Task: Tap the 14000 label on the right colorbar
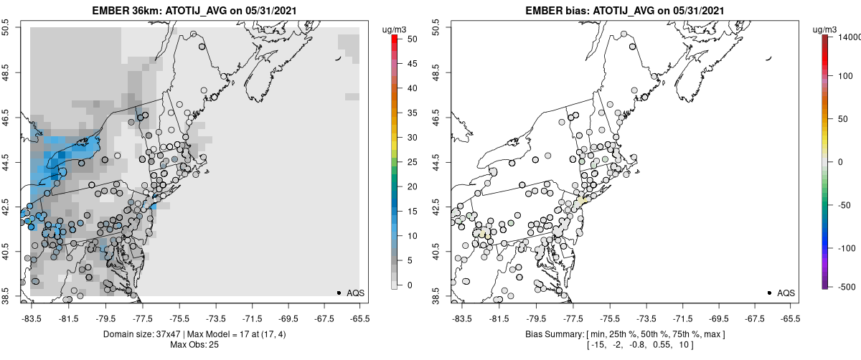click(845, 37)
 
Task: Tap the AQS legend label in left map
click(355, 293)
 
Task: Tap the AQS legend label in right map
click(786, 293)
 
